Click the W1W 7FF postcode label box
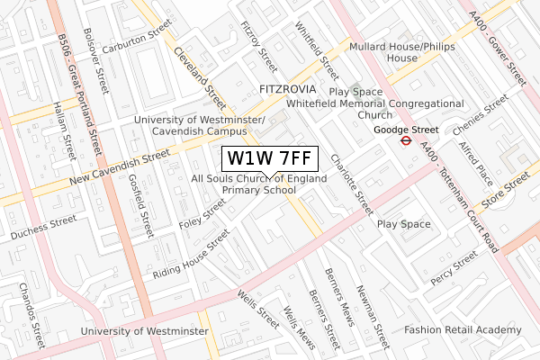(269, 158)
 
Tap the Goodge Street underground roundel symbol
(406, 141)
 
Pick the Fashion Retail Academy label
(463, 330)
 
